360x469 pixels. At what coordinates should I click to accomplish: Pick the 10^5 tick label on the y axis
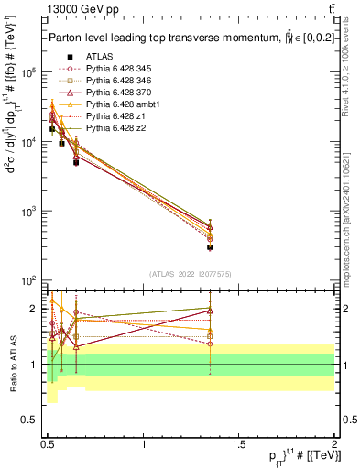point(28,72)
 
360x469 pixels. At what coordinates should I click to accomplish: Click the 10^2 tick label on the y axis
point(28,280)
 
